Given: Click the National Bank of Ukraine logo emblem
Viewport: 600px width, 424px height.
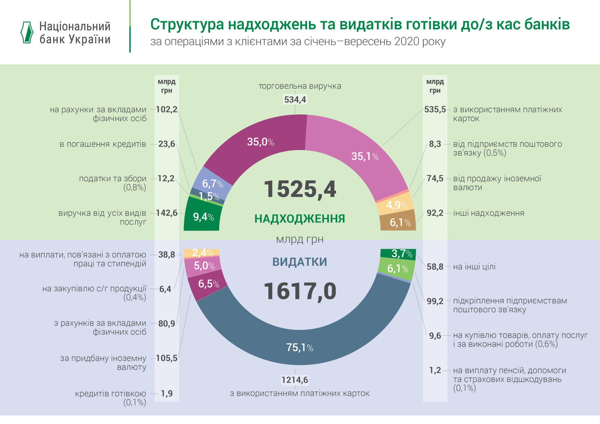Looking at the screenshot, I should click(x=27, y=32).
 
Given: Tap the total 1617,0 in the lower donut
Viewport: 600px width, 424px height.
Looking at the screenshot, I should click(x=300, y=291).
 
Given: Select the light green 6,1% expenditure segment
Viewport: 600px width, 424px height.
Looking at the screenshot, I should click(x=397, y=269).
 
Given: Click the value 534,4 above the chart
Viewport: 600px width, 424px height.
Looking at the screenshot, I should click(x=295, y=100).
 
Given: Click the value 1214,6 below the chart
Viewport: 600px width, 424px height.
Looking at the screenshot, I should click(x=295, y=380).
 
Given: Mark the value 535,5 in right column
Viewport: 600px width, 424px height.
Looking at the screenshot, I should click(x=435, y=110).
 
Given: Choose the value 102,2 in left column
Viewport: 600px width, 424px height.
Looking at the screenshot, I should click(x=166, y=109).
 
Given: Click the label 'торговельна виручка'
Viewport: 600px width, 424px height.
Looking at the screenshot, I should click(x=299, y=86).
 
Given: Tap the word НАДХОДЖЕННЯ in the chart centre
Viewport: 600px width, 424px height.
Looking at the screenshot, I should click(x=299, y=219).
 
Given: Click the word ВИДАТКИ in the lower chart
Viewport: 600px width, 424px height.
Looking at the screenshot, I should click(x=299, y=262).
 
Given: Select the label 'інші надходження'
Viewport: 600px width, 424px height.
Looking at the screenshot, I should click(x=488, y=213).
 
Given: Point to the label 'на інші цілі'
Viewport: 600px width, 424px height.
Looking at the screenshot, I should click(x=474, y=267).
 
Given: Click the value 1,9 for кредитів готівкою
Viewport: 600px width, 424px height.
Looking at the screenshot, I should click(x=166, y=394).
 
